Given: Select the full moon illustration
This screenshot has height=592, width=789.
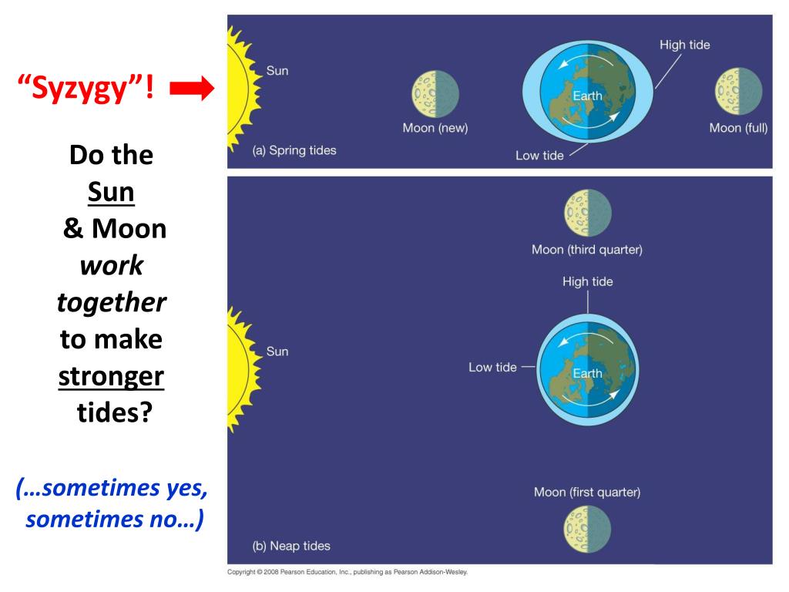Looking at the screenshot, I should [x=739, y=92].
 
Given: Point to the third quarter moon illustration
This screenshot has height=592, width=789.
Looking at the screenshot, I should [x=588, y=212].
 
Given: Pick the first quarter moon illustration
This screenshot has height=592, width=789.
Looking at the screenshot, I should [x=588, y=528].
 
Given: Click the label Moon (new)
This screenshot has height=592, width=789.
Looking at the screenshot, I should [x=435, y=128].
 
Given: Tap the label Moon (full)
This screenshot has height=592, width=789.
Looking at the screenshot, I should [x=738, y=128].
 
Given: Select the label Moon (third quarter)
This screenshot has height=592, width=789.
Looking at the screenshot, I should [x=587, y=250].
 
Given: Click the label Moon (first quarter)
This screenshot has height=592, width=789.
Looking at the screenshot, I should [x=587, y=492].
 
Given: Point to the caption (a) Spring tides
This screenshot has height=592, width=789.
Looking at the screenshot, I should [x=294, y=150].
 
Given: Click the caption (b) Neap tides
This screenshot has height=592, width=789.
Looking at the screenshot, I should [x=291, y=546].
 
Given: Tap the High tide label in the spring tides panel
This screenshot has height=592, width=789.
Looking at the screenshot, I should [x=684, y=45].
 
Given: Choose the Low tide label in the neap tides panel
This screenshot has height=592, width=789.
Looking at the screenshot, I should [x=492, y=367].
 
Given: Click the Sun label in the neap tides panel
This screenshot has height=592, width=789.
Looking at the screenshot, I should [x=277, y=351].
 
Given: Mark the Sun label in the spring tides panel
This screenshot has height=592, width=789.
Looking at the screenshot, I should [x=277, y=71].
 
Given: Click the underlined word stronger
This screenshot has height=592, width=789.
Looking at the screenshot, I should [x=112, y=377].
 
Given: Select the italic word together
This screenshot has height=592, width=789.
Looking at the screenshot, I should [x=112, y=302].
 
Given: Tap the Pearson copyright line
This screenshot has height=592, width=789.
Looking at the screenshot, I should [x=347, y=572].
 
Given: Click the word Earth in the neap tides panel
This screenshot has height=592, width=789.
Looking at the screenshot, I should [x=587, y=373].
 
